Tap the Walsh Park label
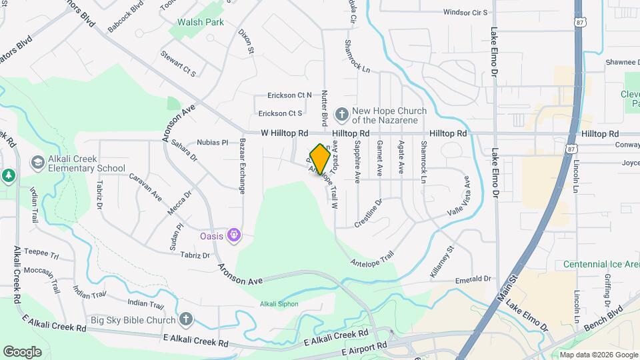click(x=200, y=22)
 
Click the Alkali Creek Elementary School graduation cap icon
click(x=37, y=163)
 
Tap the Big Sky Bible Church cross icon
click(x=186, y=320)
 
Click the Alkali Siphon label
click(x=279, y=304)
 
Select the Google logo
click(x=22, y=351)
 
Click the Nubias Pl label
click(x=213, y=142)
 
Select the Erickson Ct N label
click(x=289, y=95)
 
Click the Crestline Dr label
click(x=368, y=213)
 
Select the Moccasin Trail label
click(x=41, y=272)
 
